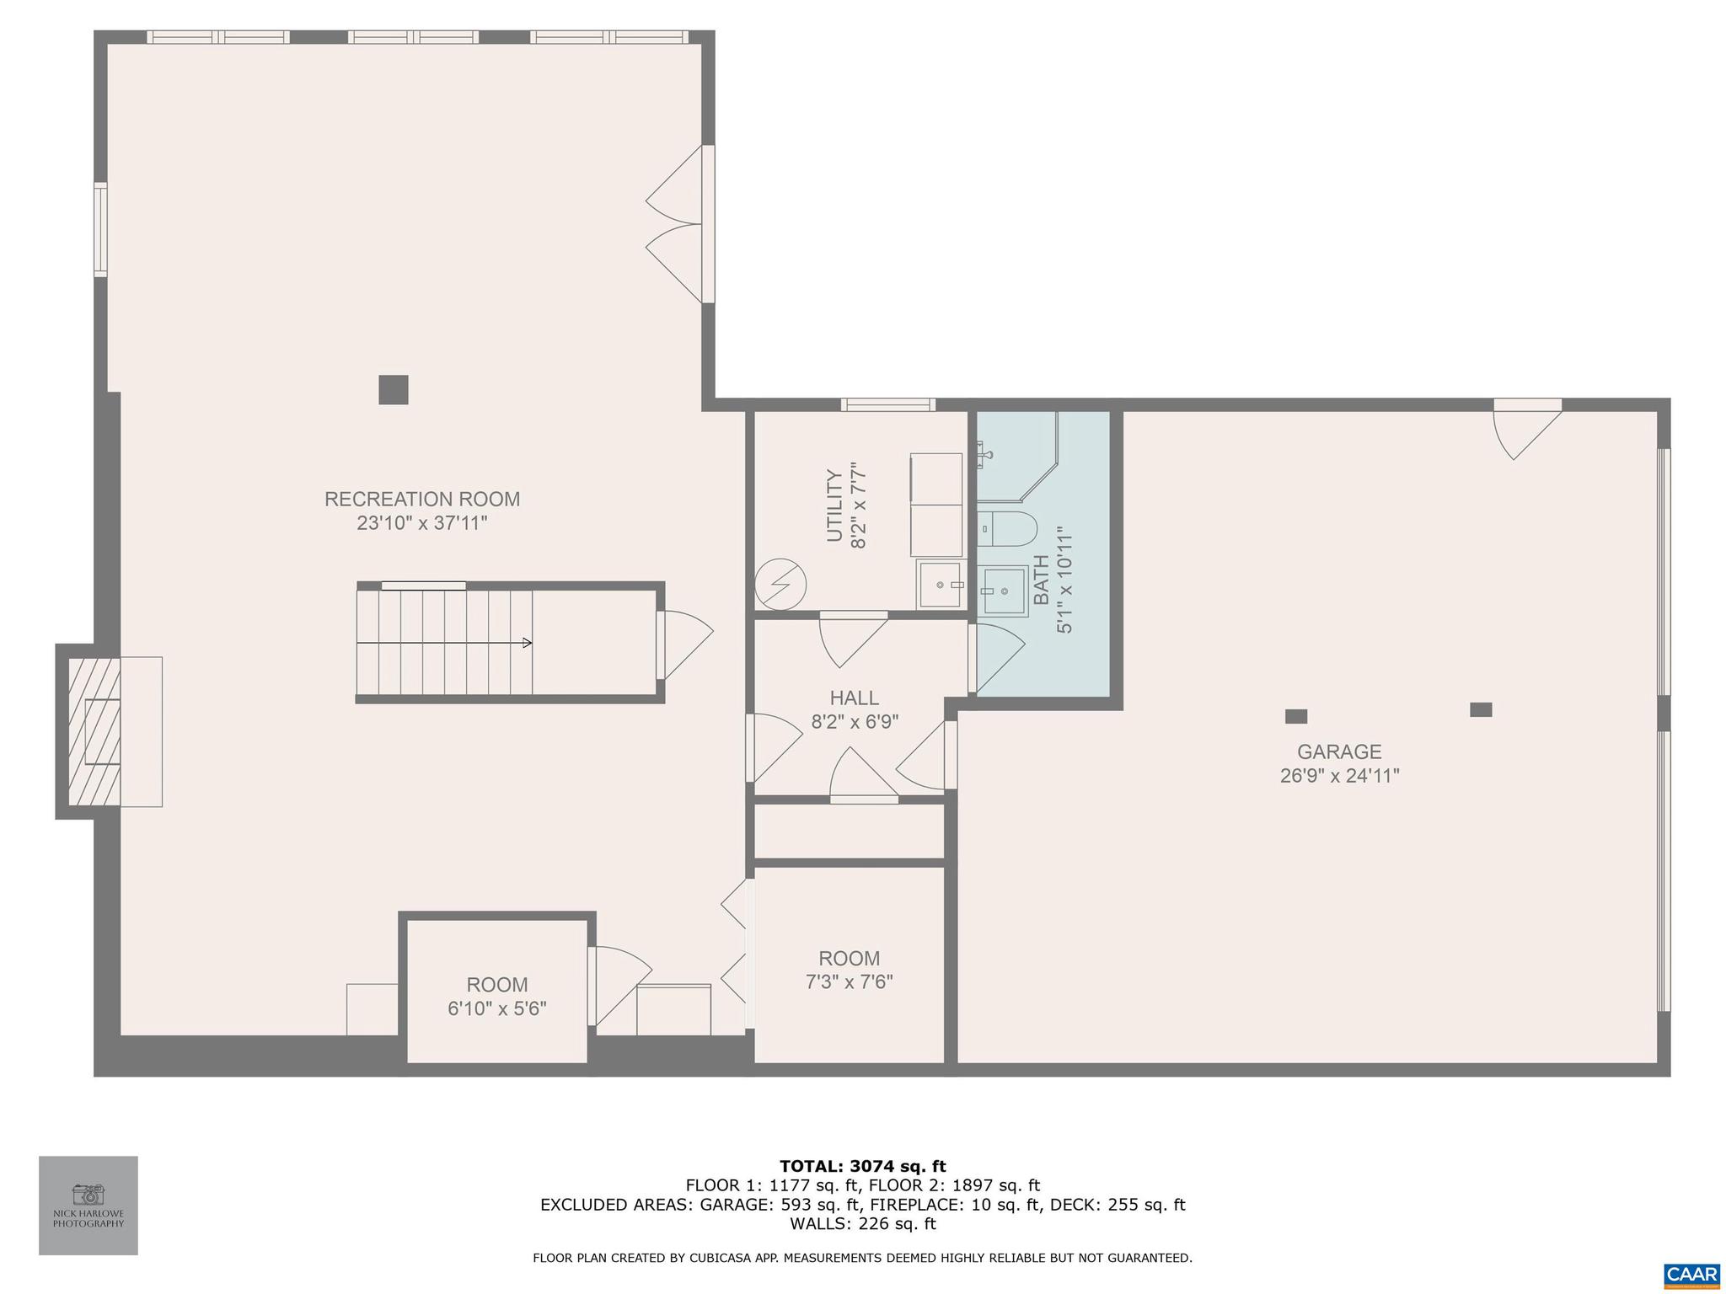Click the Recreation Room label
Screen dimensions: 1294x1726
click(x=421, y=499)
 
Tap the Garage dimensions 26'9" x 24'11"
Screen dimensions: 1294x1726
click(x=1339, y=776)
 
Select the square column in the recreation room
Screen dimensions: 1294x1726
click(x=393, y=390)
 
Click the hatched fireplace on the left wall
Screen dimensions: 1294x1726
click(x=94, y=731)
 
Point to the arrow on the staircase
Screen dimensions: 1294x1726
click(x=527, y=643)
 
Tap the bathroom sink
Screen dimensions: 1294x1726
click(x=1003, y=591)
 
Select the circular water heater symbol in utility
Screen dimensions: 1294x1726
click(x=780, y=585)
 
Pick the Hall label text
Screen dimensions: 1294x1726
click(x=854, y=698)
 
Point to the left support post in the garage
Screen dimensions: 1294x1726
click(x=1295, y=717)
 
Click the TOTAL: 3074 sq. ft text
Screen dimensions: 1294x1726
click(x=862, y=1167)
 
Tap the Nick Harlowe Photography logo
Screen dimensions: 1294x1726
click(x=88, y=1205)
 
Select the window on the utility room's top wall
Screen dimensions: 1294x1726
click(x=887, y=405)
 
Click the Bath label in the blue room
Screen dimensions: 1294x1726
click(x=1041, y=580)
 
